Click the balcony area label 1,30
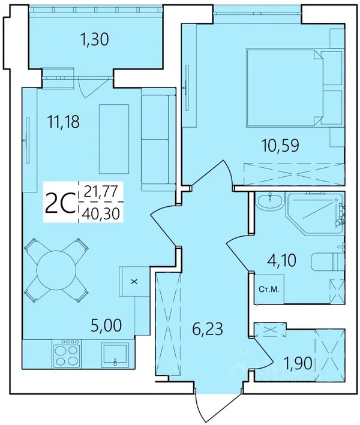(x=95, y=40)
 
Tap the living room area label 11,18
(x=63, y=121)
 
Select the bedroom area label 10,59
(x=280, y=146)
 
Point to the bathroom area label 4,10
(x=281, y=261)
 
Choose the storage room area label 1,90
(x=298, y=363)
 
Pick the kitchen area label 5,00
(x=106, y=325)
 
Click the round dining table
(x=56, y=270)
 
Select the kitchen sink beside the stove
(x=115, y=355)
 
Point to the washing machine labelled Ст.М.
(x=269, y=289)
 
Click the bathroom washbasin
(x=270, y=201)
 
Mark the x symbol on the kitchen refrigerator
(x=134, y=282)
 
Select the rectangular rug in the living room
(x=114, y=139)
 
